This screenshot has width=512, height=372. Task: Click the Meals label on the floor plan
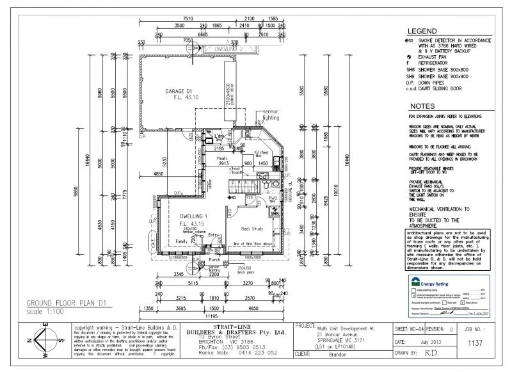(x=223, y=158)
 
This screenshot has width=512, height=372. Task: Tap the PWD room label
(x=272, y=198)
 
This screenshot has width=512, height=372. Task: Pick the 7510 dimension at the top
(x=187, y=19)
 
